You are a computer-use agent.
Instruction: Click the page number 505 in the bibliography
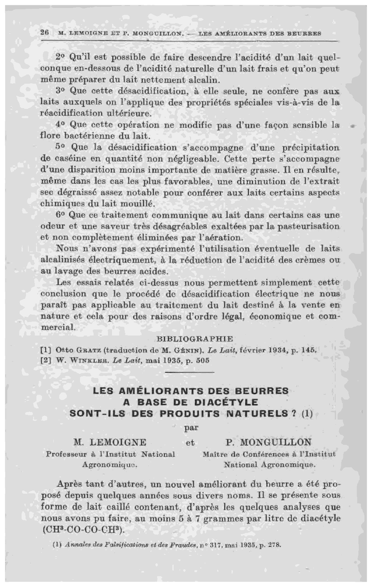click(203, 360)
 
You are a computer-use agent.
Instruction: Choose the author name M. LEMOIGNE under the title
click(110, 442)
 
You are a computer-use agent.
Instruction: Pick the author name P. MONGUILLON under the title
click(268, 442)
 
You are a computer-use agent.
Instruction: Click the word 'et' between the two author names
click(190, 443)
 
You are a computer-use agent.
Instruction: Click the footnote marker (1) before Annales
click(58, 545)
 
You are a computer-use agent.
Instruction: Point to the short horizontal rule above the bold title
click(190, 372)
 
